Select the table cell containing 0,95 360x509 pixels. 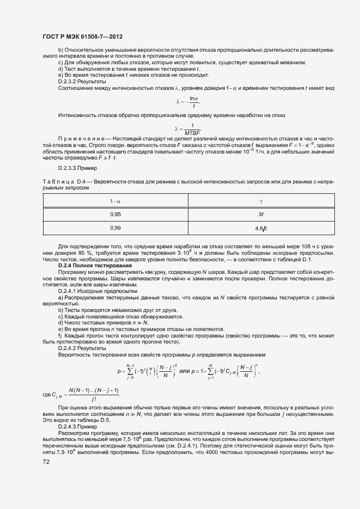[115, 214]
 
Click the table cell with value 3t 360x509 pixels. [261, 214]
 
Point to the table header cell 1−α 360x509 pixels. [115, 201]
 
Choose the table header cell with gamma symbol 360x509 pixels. [261, 201]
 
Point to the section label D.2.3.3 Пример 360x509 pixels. [78, 168]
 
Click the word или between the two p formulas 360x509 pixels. [185, 371]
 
